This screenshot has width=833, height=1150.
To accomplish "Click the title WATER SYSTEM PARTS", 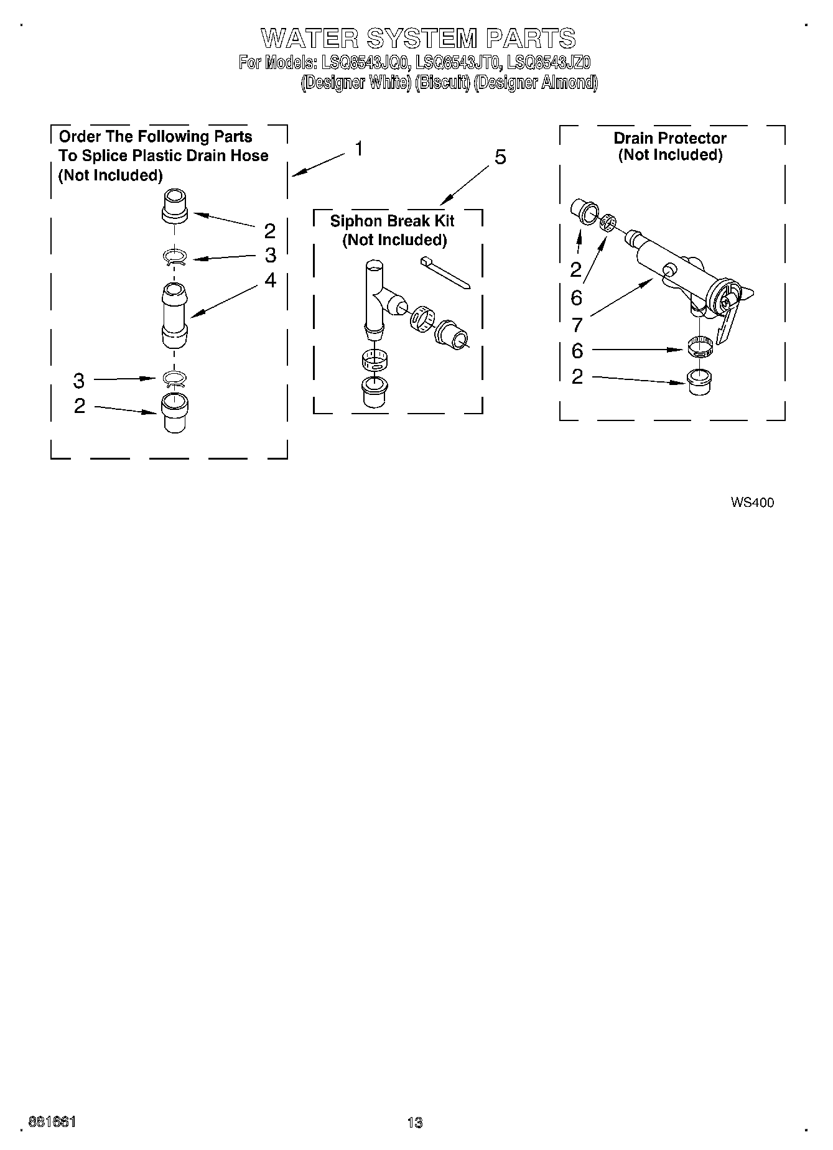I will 418,39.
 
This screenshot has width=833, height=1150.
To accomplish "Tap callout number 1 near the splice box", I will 359,149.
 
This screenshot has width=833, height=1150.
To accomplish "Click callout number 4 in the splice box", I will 269,281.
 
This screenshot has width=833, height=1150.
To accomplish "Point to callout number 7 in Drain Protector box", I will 577,324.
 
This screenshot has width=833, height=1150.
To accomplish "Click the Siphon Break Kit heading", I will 393,221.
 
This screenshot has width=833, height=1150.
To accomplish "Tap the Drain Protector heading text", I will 670,138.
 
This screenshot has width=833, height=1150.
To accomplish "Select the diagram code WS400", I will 752,503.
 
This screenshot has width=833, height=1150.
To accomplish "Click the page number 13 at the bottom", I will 415,1123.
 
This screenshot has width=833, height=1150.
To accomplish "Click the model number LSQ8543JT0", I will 457,62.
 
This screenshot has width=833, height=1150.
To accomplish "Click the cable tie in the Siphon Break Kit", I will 445,271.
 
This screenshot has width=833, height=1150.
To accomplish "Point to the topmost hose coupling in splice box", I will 175,206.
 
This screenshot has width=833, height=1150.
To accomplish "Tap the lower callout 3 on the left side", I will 79,379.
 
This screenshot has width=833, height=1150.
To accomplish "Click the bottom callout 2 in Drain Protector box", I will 577,376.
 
